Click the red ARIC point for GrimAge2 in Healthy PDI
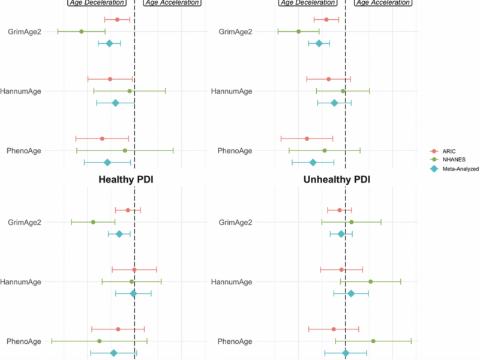[128, 210]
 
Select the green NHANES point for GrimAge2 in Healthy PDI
[93, 222]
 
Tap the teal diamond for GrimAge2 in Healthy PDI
[119, 234]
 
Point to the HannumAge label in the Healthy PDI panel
[20, 281]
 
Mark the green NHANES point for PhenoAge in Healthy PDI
[100, 341]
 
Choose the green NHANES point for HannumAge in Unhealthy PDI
[370, 281]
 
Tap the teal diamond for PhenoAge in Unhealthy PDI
[346, 353]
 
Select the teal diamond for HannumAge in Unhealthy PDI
[351, 293]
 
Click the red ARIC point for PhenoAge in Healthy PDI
[118, 329]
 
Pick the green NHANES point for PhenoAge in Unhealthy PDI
[373, 341]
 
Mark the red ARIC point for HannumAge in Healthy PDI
[134, 269]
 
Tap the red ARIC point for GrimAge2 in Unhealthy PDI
[340, 210]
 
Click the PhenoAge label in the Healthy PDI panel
[23, 341]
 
